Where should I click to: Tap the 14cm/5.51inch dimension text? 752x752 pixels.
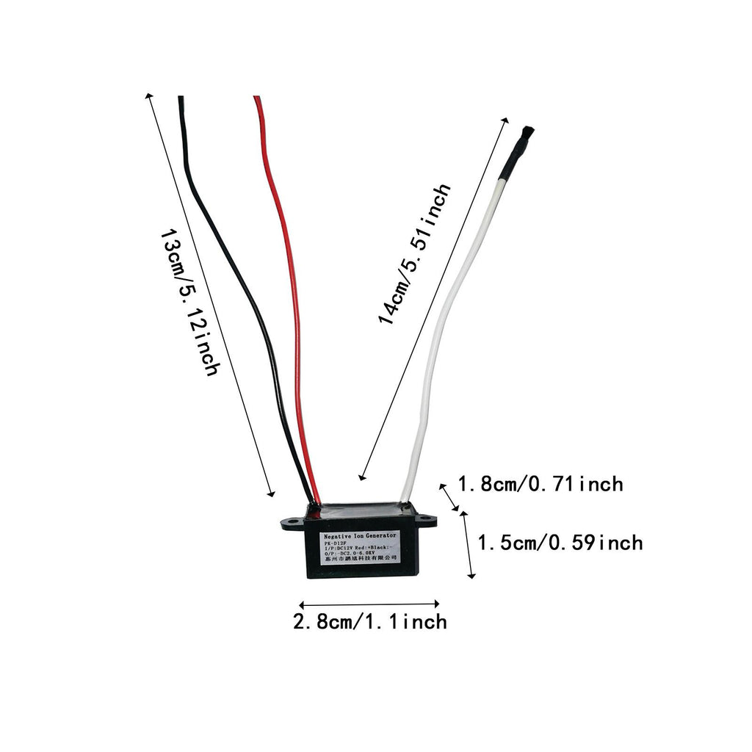click(413, 254)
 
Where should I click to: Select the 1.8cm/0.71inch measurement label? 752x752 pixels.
click(540, 485)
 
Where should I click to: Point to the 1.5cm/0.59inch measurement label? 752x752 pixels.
click(560, 543)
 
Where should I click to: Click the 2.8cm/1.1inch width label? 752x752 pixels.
click(369, 622)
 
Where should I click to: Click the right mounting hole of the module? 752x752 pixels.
click(425, 522)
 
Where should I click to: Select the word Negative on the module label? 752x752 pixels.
click(339, 538)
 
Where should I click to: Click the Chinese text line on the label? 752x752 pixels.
click(360, 558)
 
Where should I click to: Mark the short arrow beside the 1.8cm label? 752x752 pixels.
click(449, 496)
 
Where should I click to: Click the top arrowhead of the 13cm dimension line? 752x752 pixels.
click(150, 96)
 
